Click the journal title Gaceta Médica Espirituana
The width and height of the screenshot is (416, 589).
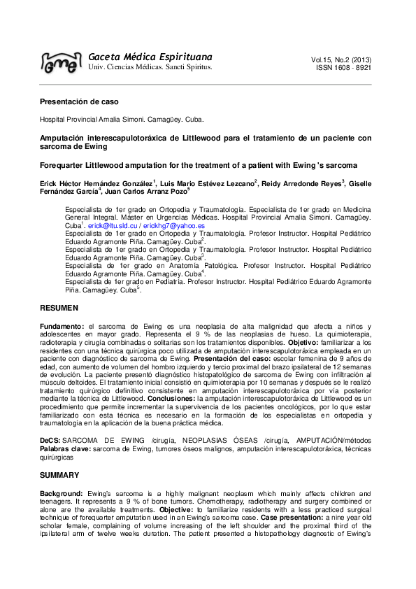(x=150, y=56)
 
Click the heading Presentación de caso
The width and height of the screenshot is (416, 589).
(x=76, y=102)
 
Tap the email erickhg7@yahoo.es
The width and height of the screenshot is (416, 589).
(x=173, y=227)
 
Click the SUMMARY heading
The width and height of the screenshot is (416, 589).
(x=60, y=475)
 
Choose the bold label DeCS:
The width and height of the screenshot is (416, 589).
(x=50, y=438)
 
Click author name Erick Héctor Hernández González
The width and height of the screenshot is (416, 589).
(x=96, y=183)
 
